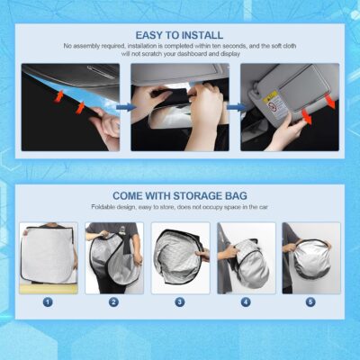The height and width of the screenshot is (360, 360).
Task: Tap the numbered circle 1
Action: (47, 301)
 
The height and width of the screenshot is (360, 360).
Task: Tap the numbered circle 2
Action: (114, 301)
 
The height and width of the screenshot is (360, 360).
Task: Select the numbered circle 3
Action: (179, 301)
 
